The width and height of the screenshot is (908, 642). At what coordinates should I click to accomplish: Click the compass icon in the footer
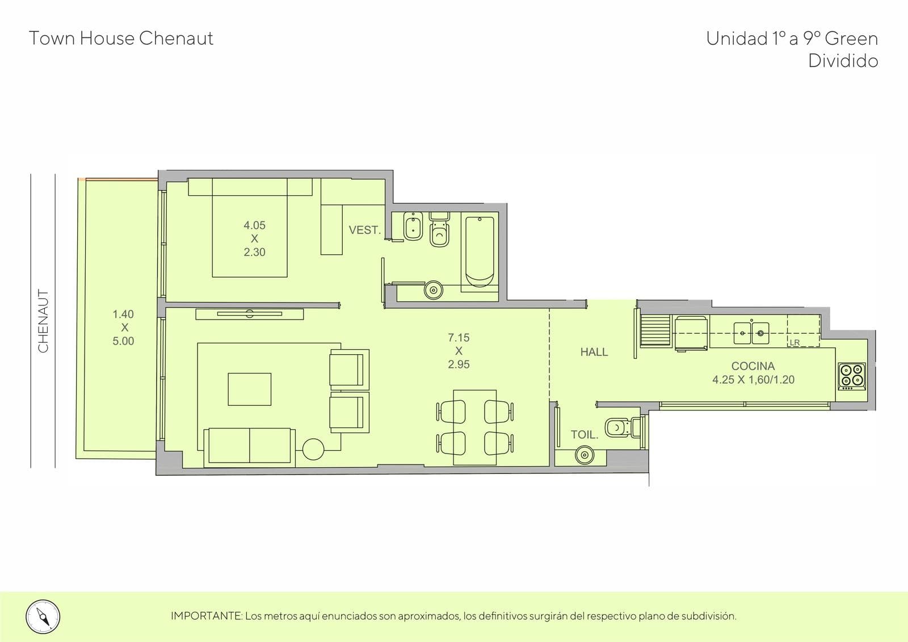pyautogui.click(x=43, y=616)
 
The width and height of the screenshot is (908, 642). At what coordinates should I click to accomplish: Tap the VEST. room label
pyautogui.click(x=365, y=230)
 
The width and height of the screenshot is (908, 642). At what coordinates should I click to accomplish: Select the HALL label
pyautogui.click(x=594, y=351)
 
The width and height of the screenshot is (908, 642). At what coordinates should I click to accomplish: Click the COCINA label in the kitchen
pyautogui.click(x=753, y=366)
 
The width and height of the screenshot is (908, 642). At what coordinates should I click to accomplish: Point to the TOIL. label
pyautogui.click(x=585, y=435)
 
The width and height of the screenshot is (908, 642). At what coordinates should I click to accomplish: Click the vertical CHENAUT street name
pyautogui.click(x=43, y=321)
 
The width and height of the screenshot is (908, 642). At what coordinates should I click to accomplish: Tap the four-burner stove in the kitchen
pyautogui.click(x=852, y=376)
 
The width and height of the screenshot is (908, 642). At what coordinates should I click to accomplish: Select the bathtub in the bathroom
pyautogui.click(x=480, y=252)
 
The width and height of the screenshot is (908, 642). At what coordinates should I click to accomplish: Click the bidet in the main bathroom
pyautogui.click(x=413, y=226)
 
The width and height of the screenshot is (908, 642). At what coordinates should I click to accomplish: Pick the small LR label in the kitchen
pyautogui.click(x=794, y=343)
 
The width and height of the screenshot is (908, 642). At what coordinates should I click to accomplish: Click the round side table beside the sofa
pyautogui.click(x=313, y=450)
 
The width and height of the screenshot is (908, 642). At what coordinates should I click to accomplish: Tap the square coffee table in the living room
pyautogui.click(x=249, y=389)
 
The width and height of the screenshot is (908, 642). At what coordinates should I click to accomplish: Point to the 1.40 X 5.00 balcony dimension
pyautogui.click(x=123, y=328)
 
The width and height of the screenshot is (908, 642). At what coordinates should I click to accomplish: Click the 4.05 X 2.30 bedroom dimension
pyautogui.click(x=255, y=238)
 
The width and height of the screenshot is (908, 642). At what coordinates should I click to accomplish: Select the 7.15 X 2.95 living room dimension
pyautogui.click(x=459, y=351)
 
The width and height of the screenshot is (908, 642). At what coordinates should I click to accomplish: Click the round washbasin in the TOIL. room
pyautogui.click(x=585, y=455)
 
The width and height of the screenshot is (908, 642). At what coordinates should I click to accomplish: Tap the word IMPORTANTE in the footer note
pyautogui.click(x=207, y=616)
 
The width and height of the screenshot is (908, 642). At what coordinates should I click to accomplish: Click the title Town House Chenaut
pyautogui.click(x=121, y=39)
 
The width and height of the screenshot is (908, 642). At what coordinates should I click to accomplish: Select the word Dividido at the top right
pyautogui.click(x=843, y=61)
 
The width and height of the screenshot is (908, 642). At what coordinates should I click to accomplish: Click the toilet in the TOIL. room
pyautogui.click(x=623, y=427)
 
